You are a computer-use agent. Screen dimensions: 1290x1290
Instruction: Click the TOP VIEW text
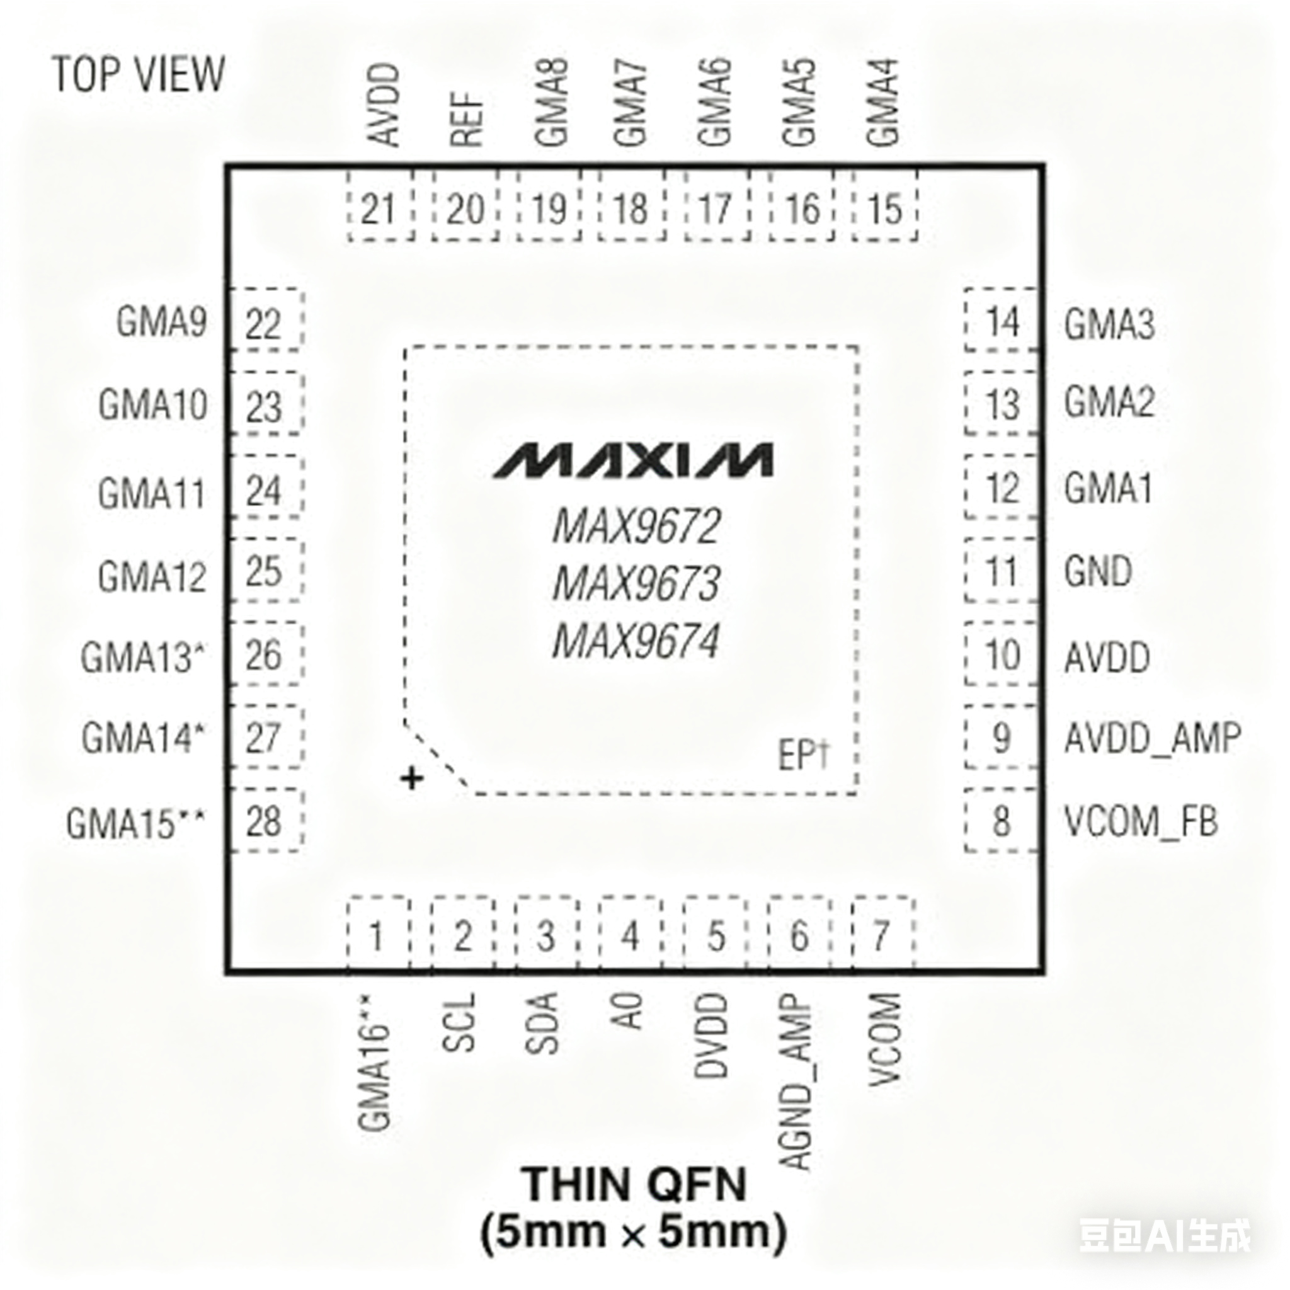138,75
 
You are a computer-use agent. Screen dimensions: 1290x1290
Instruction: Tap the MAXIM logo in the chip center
633,460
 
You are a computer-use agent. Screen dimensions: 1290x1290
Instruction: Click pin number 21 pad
380,210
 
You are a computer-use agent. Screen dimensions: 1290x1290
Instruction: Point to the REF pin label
467,119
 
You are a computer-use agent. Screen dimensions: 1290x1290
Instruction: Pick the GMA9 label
162,322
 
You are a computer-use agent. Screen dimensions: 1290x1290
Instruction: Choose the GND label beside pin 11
1098,572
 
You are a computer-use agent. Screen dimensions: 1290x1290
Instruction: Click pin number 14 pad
1002,323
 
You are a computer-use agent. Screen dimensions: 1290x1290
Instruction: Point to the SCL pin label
459,1023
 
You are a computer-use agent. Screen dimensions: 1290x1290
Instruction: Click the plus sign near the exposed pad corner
413,778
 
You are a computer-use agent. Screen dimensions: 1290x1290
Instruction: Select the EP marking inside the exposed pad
803,756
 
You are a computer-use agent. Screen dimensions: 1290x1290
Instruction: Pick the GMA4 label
883,103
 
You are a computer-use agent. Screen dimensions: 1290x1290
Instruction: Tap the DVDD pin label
711,1036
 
